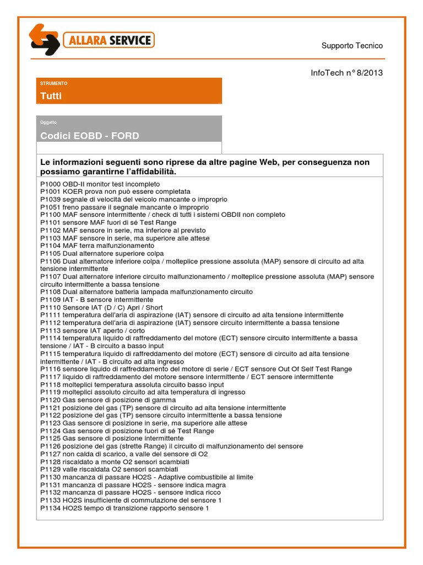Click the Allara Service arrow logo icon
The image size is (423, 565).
[44, 40]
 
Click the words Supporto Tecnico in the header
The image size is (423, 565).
[352, 46]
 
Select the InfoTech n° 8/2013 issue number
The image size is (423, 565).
[347, 73]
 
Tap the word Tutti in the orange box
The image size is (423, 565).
[51, 96]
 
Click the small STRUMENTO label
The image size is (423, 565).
[54, 83]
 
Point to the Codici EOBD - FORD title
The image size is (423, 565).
[89, 136]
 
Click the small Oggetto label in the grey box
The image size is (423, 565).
[48, 122]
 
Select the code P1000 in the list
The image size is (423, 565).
[51, 184]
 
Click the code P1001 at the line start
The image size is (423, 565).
[51, 191]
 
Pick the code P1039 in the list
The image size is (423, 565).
[51, 199]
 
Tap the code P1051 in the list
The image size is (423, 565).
[51, 207]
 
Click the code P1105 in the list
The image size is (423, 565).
[51, 253]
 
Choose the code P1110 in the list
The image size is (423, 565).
[51, 307]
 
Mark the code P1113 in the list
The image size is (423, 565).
[51, 331]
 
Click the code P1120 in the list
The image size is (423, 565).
[51, 400]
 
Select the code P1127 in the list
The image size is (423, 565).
[51, 454]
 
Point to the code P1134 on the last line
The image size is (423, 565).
[51, 508]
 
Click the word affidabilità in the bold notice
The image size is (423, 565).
[154, 172]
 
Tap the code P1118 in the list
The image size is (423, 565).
[51, 385]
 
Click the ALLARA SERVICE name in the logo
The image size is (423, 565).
[108, 40]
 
